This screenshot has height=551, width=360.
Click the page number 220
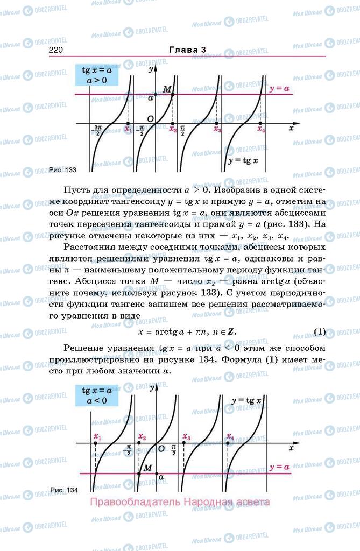tap(56, 50)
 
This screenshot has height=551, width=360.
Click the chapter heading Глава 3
tap(187, 50)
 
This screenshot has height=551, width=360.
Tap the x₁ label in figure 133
tap(128, 129)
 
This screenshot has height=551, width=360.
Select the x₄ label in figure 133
tap(261, 129)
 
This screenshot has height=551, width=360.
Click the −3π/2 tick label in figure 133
tap(97, 130)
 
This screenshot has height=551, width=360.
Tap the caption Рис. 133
tap(62, 170)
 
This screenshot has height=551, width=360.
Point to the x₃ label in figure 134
tap(186, 436)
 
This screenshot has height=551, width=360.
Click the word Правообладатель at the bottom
tap(135, 502)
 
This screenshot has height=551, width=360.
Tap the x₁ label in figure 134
tap(97, 436)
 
